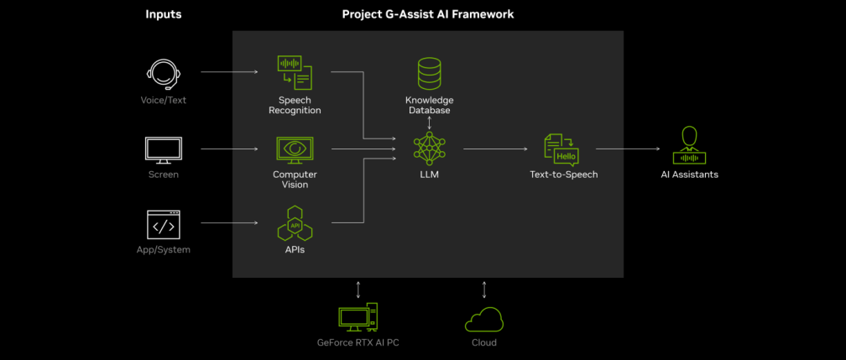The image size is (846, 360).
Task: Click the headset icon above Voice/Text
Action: coord(164,74)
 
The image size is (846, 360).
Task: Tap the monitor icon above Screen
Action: coord(164,150)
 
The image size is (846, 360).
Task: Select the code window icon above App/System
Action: coord(164,224)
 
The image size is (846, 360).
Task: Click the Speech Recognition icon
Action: coord(295,72)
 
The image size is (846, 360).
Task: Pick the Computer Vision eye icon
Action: coord(295,150)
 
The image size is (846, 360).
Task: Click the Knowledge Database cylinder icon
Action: coord(429,74)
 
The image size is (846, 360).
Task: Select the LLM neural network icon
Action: coord(429,149)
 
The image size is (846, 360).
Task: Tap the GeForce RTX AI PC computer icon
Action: coord(358,318)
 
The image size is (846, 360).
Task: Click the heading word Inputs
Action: coord(163,14)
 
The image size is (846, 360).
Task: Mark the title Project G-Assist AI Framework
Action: coord(428,14)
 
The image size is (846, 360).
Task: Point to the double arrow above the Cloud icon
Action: coord(484,290)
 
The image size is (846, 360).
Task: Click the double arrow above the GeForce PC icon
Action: coord(358,290)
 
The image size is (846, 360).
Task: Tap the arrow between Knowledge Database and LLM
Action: coord(429,123)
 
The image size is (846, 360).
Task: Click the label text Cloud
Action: coord(484,342)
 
